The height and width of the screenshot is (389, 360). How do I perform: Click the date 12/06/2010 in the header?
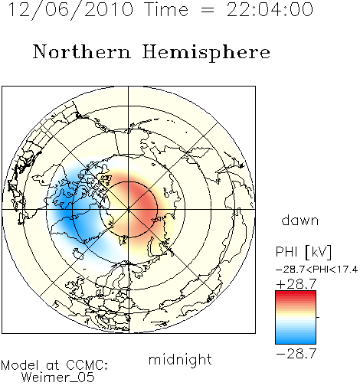coord(70,10)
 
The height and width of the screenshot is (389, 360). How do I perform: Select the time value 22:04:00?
coord(270,9)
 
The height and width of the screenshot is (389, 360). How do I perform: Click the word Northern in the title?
coord(82,51)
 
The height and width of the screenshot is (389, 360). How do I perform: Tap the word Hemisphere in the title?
coord(206,53)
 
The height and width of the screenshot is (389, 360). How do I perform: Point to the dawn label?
coord(300,221)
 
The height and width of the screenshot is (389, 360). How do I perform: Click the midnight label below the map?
coord(180,360)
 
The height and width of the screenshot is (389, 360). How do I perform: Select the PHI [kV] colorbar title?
coord(303,252)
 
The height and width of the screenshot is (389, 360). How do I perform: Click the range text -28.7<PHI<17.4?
coord(317,270)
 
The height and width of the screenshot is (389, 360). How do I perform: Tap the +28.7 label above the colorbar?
coord(296,284)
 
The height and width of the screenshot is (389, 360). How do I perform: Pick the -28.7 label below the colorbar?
coord(296,354)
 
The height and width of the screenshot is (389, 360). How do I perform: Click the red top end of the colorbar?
coord(296,293)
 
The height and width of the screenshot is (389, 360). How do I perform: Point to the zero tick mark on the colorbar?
coord(318,317)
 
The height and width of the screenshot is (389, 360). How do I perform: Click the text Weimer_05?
coord(58,378)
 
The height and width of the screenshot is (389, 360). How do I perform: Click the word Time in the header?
coord(166,9)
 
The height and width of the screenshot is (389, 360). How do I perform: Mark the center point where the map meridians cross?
coord(129,210)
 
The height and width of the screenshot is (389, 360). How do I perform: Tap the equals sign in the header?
coord(208,10)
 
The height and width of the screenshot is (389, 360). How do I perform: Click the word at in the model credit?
coord(53,366)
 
